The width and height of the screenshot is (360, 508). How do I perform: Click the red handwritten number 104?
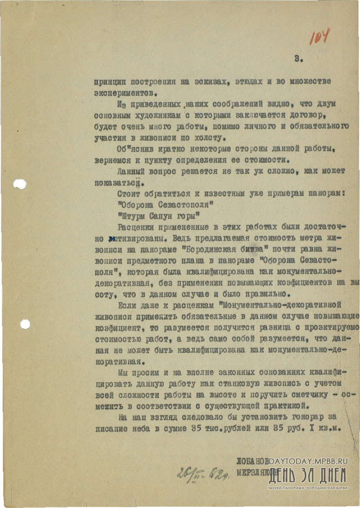[x=319, y=36]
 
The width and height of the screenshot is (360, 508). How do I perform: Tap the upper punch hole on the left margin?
[x=20, y=184]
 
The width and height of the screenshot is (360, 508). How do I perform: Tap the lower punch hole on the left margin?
[x=25, y=324]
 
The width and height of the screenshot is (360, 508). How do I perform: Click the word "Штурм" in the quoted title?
[x=132, y=215]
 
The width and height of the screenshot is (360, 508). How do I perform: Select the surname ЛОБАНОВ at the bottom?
[x=252, y=461]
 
